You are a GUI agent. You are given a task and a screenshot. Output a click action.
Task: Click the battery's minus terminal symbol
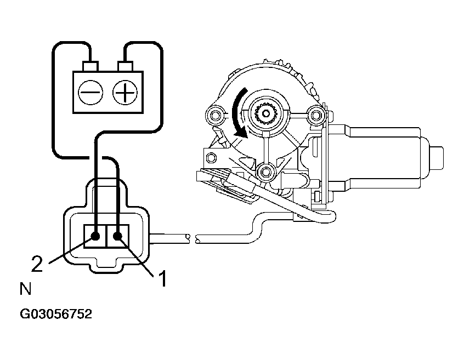tap(89, 92)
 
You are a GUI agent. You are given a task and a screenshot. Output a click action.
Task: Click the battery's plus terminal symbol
tap(125, 92)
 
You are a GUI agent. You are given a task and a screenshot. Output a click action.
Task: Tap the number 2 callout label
tap(37, 265)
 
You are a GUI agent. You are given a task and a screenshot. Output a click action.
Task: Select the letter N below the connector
tap(26, 289)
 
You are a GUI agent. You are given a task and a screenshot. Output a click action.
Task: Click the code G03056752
tap(56, 315)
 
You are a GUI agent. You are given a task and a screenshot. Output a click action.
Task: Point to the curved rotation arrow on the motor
tap(237, 115)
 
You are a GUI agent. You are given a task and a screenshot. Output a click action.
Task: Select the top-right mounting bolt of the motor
tap(315, 115)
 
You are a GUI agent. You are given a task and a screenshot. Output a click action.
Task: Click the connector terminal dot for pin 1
tap(117, 237)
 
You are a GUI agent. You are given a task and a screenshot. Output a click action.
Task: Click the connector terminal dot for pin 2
tap(95, 237)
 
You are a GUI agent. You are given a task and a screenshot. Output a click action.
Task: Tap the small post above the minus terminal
tap(90, 67)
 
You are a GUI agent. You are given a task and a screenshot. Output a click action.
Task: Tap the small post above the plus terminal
tap(126, 67)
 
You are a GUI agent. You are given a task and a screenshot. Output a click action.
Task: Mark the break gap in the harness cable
tap(192, 238)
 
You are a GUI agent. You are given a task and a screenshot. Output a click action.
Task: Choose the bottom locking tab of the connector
tap(106, 267)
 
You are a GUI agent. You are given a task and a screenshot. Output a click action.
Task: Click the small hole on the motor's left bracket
tap(209, 159)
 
